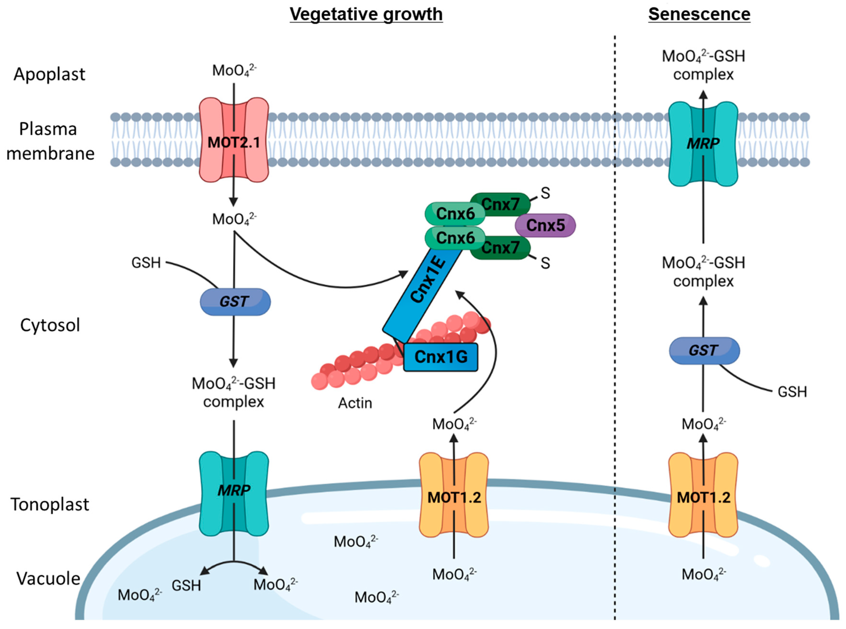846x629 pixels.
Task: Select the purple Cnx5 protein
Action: [545, 225]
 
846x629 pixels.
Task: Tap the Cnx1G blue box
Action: [441, 357]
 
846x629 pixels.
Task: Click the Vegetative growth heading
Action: [366, 14]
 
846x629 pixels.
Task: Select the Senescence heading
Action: [699, 14]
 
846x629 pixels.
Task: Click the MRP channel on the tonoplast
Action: [234, 493]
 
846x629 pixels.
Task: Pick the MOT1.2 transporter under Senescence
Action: [703, 495]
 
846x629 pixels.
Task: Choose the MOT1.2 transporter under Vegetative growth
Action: [454, 495]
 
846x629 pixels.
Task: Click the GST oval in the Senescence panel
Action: [704, 350]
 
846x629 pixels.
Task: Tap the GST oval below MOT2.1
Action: [235, 302]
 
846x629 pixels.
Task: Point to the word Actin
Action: [355, 403]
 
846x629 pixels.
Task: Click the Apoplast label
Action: [49, 74]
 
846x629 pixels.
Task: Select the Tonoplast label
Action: [49, 504]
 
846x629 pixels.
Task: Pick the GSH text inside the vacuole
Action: [186, 585]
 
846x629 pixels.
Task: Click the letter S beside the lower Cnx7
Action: [545, 263]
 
